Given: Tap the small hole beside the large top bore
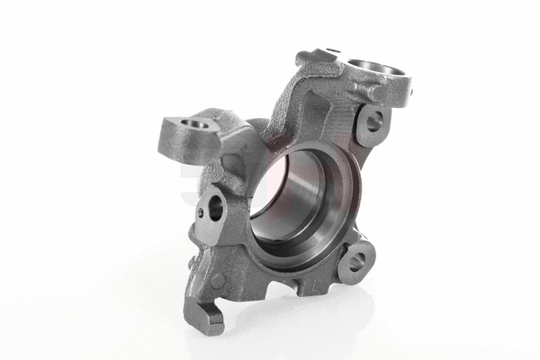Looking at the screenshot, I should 332,52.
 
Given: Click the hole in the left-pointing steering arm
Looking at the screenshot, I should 191,123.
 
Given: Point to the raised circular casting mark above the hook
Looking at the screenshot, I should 219,280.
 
